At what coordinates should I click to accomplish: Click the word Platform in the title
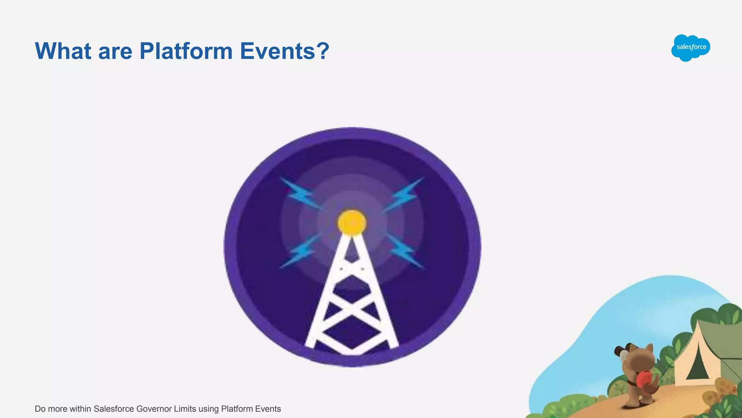(186, 51)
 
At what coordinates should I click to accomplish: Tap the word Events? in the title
(284, 51)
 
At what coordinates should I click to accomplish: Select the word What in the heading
(63, 51)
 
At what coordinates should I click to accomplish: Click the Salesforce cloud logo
(691, 48)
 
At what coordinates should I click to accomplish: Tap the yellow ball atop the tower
(352, 222)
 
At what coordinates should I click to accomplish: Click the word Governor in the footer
(154, 409)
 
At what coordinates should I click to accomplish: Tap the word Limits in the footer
(185, 409)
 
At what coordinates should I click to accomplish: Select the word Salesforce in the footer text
(113, 409)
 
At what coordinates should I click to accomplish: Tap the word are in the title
(115, 51)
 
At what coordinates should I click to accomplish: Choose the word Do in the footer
(40, 409)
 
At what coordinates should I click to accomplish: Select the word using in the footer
(208, 409)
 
